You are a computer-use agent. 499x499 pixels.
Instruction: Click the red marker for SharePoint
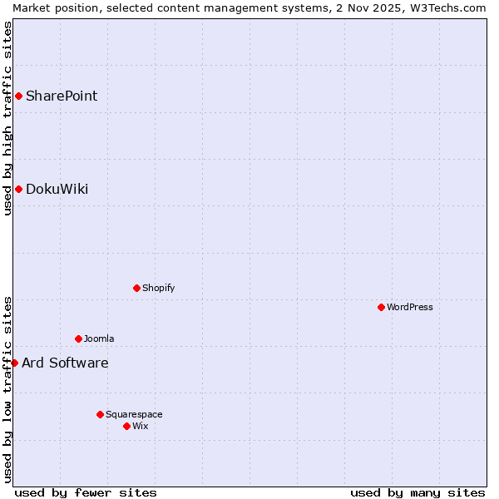pos(18,96)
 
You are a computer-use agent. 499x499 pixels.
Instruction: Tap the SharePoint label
pos(62,96)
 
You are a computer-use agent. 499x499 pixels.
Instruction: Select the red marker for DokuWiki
pos(18,189)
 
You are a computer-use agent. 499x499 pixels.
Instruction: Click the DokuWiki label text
pos(57,189)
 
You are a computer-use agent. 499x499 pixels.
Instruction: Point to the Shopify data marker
pos(136,288)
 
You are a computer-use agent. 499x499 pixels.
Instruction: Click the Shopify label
pos(158,288)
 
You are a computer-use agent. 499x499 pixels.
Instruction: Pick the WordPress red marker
pos(381,307)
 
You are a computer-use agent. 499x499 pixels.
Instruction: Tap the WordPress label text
pos(409,307)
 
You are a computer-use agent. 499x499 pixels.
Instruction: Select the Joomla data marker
pos(78,338)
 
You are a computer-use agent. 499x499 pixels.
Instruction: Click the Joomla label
pos(99,338)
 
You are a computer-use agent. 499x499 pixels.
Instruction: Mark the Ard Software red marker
pos(14,363)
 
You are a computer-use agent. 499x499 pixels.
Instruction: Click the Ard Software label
pos(65,363)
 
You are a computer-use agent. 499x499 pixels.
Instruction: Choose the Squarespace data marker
pos(100,414)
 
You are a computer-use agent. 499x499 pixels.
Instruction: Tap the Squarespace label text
pos(134,414)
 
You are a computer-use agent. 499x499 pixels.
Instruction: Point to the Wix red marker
pos(126,426)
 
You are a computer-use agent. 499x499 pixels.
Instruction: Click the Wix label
pos(141,426)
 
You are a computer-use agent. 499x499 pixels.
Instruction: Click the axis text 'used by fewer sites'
pos(86,492)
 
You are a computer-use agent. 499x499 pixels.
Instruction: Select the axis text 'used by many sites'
pos(417,492)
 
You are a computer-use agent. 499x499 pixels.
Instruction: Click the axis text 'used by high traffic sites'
pos(7,118)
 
